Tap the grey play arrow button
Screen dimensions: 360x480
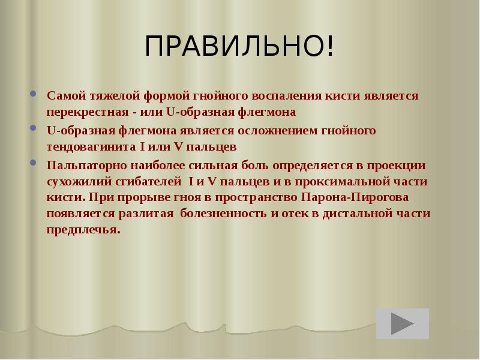coord(403,324)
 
